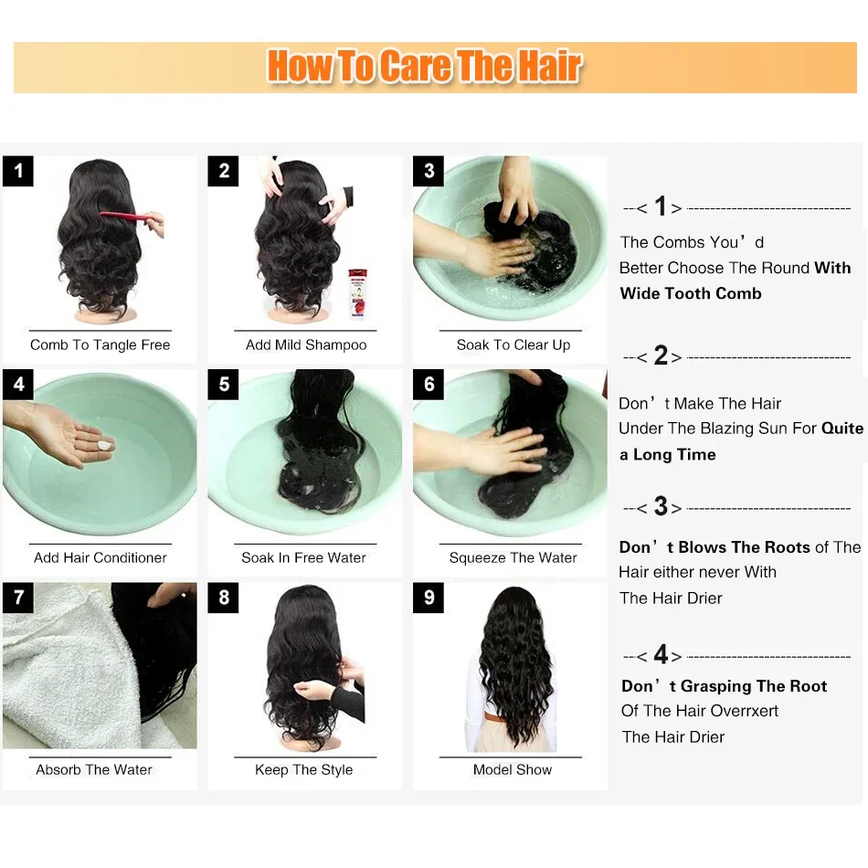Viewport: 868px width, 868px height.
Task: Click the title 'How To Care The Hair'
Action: (x=424, y=66)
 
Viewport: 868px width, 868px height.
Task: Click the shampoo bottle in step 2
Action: (x=357, y=293)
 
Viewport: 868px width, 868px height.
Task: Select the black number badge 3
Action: (x=429, y=171)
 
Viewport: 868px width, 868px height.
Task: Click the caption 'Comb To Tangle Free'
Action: (x=101, y=344)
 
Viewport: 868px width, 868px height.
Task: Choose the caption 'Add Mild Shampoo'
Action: (x=306, y=344)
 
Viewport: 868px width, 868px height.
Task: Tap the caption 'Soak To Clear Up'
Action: (x=513, y=344)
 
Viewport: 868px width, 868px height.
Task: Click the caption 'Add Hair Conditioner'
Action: (x=101, y=557)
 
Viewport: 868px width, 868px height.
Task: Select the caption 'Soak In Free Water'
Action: (x=304, y=557)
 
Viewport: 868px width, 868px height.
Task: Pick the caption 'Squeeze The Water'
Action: (x=513, y=557)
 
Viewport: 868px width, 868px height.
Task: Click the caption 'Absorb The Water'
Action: (x=94, y=769)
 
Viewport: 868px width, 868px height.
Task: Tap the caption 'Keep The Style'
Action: (x=304, y=769)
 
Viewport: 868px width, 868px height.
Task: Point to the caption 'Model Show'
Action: (x=513, y=769)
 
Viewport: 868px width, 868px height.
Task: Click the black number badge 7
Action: (x=17, y=598)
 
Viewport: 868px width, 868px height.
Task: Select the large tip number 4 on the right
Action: (x=661, y=654)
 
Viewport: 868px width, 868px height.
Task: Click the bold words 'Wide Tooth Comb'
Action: (x=691, y=293)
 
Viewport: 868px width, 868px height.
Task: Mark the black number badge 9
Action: (x=429, y=598)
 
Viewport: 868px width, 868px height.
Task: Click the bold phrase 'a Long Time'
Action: (x=668, y=454)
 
